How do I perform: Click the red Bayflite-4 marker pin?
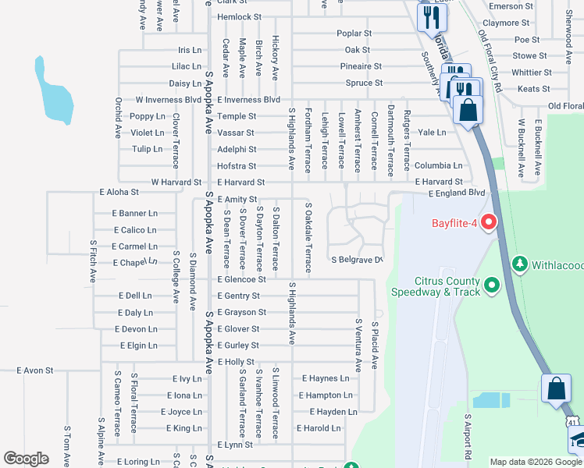point(490,223)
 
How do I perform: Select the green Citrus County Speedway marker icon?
point(491,286)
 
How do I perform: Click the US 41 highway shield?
point(573,422)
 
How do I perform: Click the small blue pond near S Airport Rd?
point(490,400)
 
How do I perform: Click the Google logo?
point(26,459)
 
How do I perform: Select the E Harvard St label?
point(241,183)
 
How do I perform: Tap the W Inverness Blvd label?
point(168,100)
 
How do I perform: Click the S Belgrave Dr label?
point(357,260)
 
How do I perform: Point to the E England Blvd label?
point(457,192)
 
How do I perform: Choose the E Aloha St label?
point(119,191)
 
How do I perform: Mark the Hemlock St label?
point(239,16)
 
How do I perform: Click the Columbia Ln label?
point(438,165)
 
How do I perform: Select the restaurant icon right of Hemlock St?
point(430,16)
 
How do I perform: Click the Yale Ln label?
point(432,133)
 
